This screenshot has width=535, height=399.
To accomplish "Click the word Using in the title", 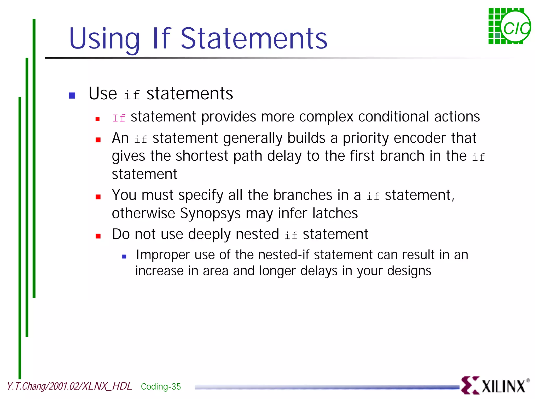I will [x=104, y=39].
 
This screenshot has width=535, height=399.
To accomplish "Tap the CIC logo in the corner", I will [x=509, y=26].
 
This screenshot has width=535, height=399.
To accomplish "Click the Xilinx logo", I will [x=495, y=385].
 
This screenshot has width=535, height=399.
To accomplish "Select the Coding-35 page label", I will [x=161, y=386].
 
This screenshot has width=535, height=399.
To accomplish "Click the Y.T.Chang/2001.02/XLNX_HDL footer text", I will [x=69, y=386].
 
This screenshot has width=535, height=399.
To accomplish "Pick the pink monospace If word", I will [x=119, y=118].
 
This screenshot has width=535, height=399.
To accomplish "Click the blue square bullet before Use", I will [x=72, y=95].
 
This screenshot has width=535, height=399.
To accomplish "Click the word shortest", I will [x=202, y=156].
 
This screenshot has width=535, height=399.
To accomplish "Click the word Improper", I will [x=162, y=255].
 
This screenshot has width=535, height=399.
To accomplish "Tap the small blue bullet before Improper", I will [x=124, y=257].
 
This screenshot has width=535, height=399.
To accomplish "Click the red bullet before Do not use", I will [x=98, y=236].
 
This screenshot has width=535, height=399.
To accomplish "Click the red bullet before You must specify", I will [x=98, y=197].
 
